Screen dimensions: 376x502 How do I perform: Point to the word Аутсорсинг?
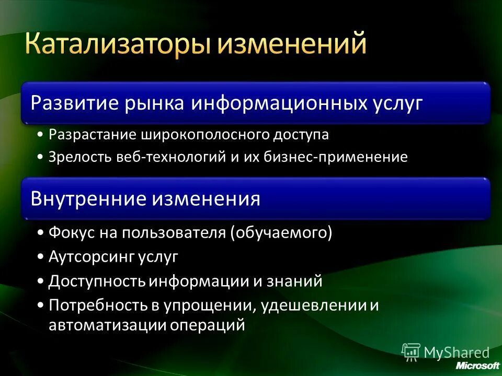coord(92,257)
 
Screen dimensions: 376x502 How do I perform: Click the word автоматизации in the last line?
coord(107,325)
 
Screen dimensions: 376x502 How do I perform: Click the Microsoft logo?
coord(477,365)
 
